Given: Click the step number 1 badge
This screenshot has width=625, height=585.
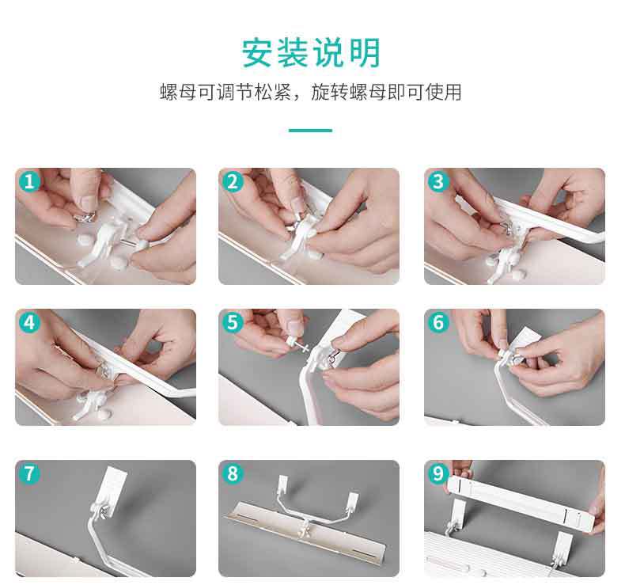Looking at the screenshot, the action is [29, 182].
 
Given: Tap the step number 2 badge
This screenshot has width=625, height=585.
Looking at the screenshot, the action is [233, 182].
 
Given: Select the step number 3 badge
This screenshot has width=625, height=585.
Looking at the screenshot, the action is [438, 182].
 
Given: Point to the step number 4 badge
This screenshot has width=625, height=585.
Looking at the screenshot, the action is [29, 322].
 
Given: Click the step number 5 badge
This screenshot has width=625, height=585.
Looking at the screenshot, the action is [233, 322].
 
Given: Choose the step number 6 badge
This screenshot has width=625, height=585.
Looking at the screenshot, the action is [438, 322].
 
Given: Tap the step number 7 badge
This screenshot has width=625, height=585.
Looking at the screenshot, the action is [29, 473].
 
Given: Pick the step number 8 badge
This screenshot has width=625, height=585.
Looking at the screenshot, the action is [233, 473].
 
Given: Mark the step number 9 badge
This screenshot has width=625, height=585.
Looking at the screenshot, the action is [438, 473].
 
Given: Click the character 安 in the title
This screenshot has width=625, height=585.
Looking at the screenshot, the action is [257, 52].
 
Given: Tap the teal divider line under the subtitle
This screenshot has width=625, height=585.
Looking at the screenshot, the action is [310, 131].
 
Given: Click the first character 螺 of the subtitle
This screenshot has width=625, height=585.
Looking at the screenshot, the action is [169, 92].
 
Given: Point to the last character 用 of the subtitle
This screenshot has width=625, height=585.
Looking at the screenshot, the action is [452, 92].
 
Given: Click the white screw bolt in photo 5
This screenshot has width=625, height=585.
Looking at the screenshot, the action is [296, 344].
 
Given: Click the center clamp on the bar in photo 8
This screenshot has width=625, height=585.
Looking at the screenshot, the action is [307, 528].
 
